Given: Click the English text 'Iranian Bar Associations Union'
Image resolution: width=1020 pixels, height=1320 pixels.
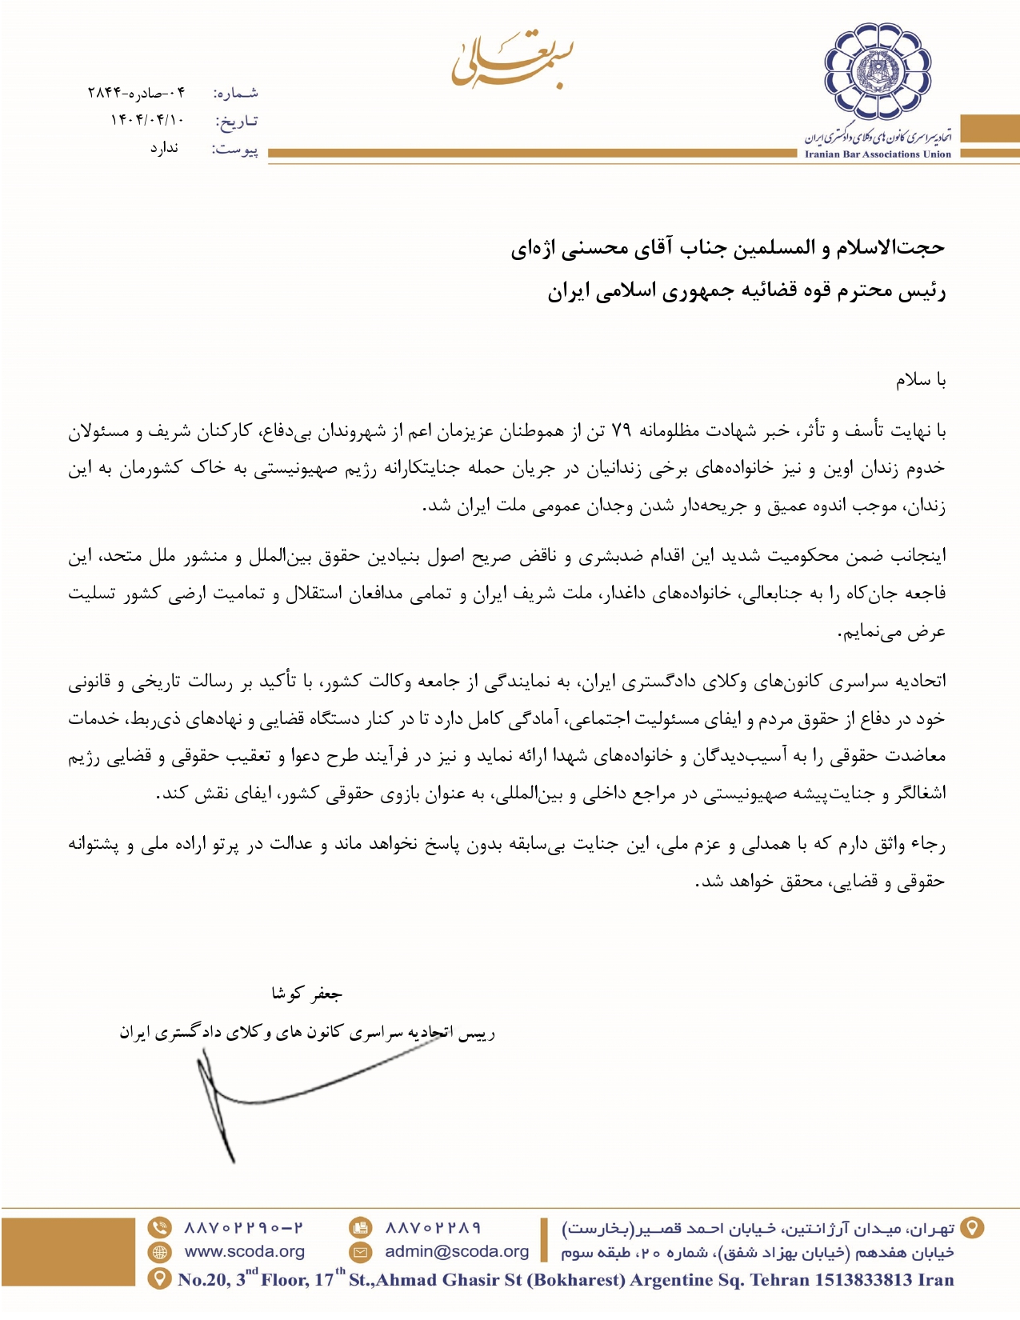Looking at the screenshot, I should [x=878, y=154].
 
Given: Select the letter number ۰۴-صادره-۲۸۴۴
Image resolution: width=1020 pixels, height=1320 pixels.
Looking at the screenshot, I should [x=136, y=93].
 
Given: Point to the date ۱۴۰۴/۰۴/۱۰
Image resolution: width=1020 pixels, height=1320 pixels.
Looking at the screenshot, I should [x=147, y=121].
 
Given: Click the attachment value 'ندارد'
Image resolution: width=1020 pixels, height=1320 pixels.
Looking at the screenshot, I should [x=164, y=148].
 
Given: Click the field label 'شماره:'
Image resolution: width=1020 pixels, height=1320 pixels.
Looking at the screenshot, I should [x=236, y=94].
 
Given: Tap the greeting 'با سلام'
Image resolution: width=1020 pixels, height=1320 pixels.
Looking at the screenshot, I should [x=921, y=380].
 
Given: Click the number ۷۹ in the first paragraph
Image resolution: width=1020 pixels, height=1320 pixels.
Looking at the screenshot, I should [x=622, y=432].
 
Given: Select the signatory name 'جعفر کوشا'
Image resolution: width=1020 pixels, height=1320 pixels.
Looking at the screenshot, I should [x=307, y=994].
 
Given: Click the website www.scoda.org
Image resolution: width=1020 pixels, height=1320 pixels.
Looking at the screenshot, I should [x=244, y=1251].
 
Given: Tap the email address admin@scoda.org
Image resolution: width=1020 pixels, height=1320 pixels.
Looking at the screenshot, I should [x=457, y=1251].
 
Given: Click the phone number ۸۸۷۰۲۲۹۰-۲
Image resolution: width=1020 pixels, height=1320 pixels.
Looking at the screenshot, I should [x=244, y=1227].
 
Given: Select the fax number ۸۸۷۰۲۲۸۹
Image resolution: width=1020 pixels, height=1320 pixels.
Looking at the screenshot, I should [x=433, y=1227].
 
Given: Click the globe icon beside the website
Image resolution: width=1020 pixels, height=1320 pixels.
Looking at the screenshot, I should [x=160, y=1252].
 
